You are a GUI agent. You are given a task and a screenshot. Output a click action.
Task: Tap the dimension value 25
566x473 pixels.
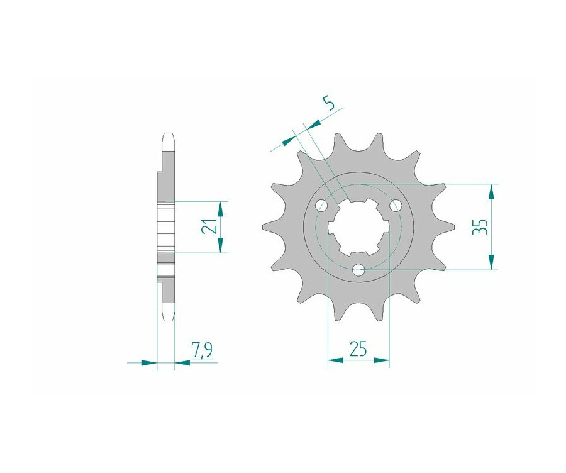tap(358, 348)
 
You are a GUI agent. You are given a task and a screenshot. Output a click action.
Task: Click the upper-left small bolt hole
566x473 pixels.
tap(321, 206)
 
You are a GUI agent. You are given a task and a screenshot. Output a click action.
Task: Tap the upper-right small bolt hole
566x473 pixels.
tap(396, 206)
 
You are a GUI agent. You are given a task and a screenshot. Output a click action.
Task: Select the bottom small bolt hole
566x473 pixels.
tap(359, 269)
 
